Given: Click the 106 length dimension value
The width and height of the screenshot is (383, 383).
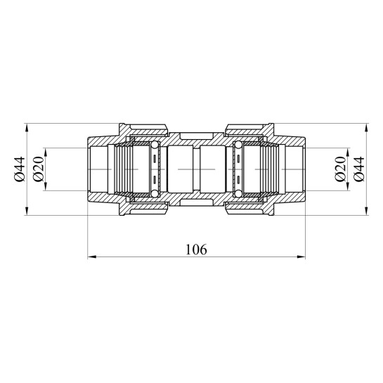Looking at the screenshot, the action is click(x=196, y=249).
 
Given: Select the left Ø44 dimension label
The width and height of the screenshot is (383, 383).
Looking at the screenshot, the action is click(x=20, y=169).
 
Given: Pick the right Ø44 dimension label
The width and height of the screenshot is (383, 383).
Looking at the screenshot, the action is click(x=359, y=169).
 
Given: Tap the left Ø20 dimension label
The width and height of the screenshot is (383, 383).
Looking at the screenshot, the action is click(x=39, y=169).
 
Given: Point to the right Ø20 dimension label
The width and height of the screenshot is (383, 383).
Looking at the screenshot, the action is click(x=341, y=169).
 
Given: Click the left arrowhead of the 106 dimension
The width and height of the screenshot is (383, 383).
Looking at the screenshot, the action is click(x=91, y=257).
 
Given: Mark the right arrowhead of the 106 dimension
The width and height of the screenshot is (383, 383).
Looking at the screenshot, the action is click(x=301, y=257).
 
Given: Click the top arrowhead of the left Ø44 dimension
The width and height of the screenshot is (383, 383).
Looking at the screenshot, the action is click(x=27, y=128).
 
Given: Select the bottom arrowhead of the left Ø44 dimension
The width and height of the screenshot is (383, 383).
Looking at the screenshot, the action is click(x=27, y=211).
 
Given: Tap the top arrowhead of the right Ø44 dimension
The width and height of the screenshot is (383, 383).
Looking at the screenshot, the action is click(x=366, y=128).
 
